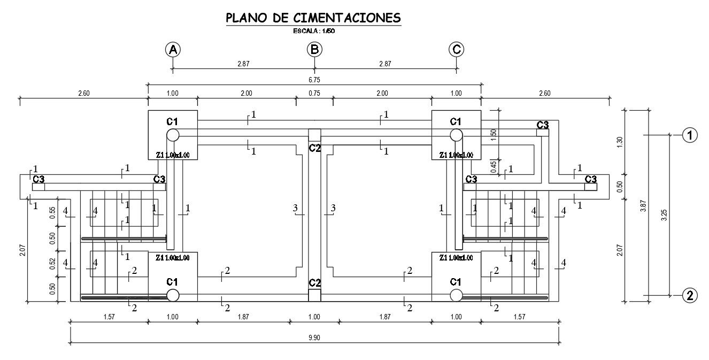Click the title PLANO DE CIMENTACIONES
(313, 18)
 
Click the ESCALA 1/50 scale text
(313, 31)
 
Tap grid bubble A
(173, 50)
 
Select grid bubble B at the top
(314, 50)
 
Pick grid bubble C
(456, 50)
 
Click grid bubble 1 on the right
(690, 135)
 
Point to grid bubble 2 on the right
(690, 295)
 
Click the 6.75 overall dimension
(314, 80)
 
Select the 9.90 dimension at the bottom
(314, 338)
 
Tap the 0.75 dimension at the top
(314, 93)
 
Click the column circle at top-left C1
(173, 135)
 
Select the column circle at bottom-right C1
(456, 295)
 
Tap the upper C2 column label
(314, 148)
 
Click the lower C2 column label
(314, 282)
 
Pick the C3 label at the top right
(543, 125)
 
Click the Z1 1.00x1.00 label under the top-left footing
(173, 155)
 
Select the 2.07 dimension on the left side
(22, 249)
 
